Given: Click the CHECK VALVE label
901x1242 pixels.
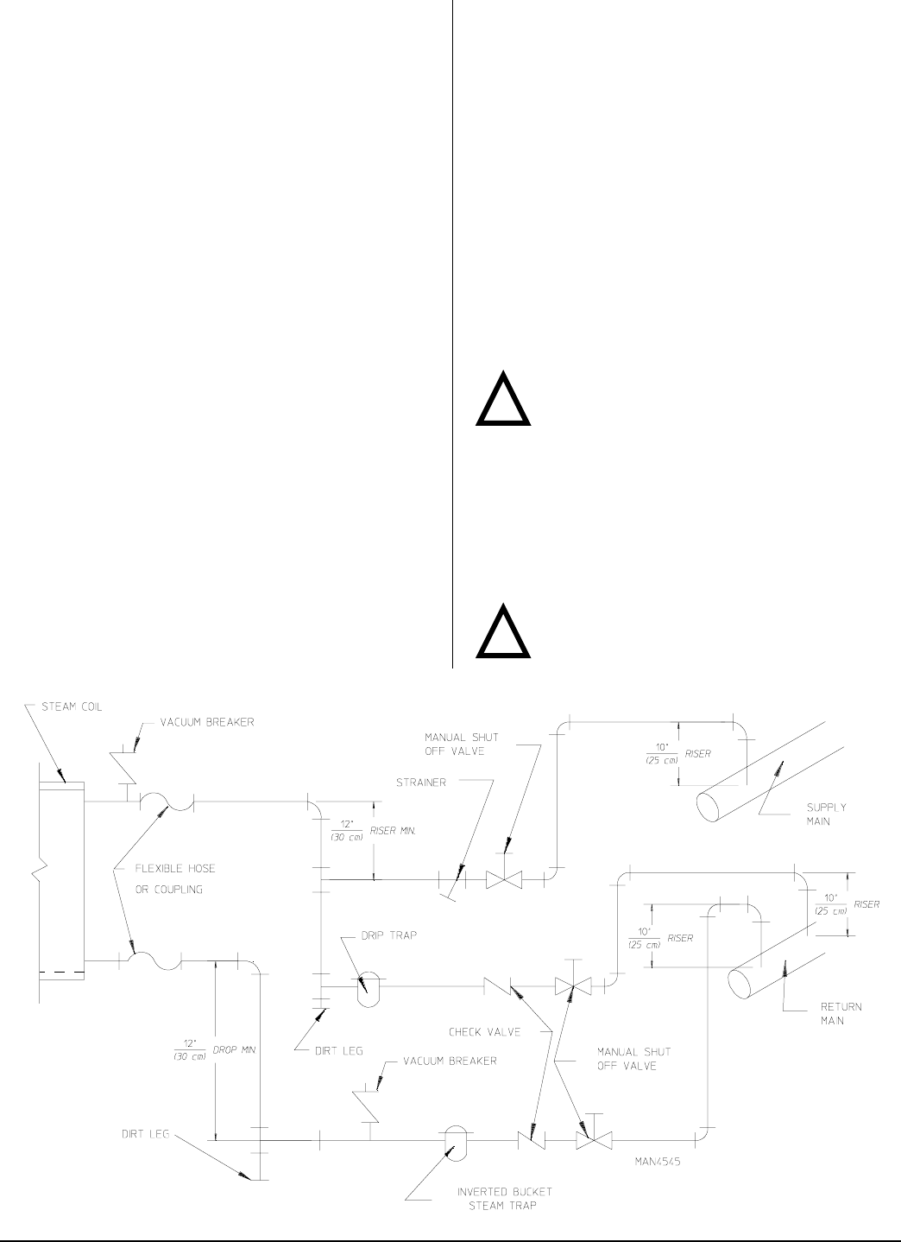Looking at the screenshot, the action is (484, 1031).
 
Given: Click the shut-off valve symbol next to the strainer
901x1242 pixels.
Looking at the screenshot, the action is (504, 880).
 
